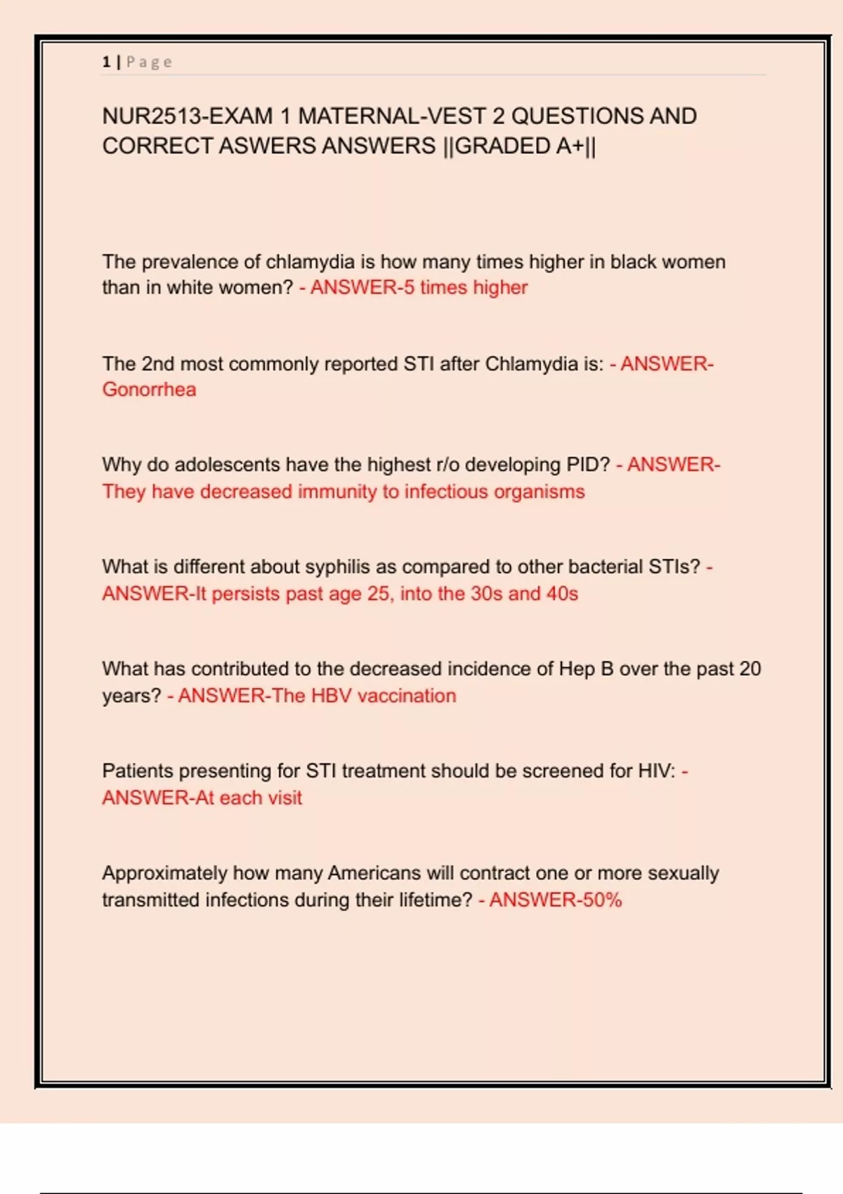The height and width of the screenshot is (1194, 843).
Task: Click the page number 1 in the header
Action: (106, 62)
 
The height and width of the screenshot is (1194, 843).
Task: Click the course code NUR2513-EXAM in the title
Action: (187, 116)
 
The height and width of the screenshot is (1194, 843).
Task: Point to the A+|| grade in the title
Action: (576, 146)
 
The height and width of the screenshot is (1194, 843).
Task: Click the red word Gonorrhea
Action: (149, 390)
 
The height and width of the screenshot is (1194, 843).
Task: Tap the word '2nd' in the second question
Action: (158, 364)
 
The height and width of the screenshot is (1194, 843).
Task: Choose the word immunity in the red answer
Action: (337, 492)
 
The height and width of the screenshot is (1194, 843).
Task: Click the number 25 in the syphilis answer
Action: (378, 594)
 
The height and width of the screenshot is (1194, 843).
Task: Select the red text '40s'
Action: (562, 594)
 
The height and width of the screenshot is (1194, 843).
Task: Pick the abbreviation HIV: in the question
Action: (656, 771)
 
